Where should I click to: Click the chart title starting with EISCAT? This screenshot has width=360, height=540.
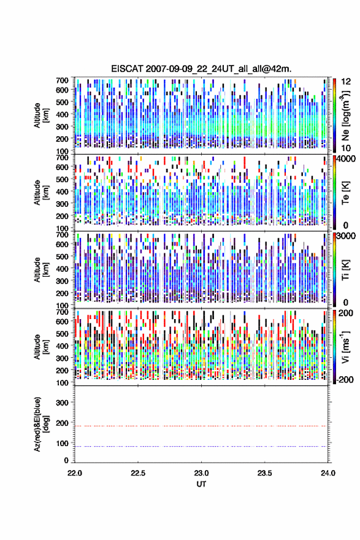click(201, 69)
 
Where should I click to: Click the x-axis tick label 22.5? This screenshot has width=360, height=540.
click(138, 473)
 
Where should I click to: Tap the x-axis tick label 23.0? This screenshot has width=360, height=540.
click(201, 473)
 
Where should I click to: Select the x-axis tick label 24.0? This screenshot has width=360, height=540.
click(328, 473)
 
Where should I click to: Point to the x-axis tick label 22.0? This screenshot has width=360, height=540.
click(75, 473)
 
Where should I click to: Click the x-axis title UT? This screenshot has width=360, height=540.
click(201, 484)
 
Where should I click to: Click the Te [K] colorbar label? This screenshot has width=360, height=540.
click(345, 193)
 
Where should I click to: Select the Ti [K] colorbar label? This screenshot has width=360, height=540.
click(345, 269)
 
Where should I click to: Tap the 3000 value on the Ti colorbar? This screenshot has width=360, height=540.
click(347, 236)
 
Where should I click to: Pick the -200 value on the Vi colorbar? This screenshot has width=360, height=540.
click(344, 379)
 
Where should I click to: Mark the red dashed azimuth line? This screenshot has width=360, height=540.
click(201, 426)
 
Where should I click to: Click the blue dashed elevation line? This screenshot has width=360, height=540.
click(201, 446)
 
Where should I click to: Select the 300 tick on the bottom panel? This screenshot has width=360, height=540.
click(62, 403)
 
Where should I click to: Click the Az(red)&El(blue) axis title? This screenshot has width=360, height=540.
click(41, 424)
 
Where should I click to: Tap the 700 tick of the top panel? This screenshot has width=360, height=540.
click(62, 80)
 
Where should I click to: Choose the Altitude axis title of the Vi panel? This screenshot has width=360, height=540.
click(41, 347)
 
